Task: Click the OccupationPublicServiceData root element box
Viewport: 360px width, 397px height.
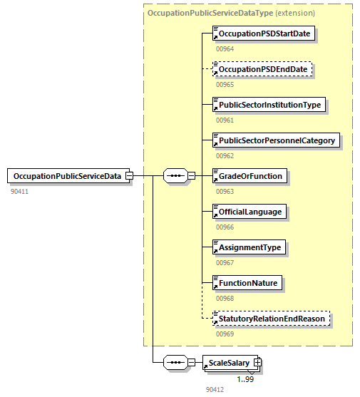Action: point(66,176)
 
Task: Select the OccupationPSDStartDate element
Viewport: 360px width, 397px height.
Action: point(265,33)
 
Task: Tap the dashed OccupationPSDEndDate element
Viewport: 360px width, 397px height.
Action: point(262,69)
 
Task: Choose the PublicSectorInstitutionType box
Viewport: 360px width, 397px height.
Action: point(269,105)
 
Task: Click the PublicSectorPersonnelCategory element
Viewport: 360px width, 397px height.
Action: point(275,140)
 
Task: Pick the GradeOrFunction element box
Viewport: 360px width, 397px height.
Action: point(250,176)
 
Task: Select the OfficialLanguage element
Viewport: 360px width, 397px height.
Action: point(250,212)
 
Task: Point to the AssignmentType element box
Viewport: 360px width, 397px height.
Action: point(250,247)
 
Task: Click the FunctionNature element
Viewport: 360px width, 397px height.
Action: point(247,283)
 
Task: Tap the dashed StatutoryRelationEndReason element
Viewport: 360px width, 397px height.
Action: point(272,319)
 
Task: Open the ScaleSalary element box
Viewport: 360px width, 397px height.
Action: point(227,363)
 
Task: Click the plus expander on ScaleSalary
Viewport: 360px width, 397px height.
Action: point(257,363)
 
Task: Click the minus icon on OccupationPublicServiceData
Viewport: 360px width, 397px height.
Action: point(130,176)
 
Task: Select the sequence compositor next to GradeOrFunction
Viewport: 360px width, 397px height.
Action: point(175,176)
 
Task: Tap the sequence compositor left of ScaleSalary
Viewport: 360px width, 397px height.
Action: point(175,363)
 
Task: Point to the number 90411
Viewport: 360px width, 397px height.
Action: point(20,192)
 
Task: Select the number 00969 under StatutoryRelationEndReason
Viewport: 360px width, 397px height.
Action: point(225,334)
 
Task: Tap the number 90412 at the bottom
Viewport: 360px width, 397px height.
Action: point(215,390)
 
